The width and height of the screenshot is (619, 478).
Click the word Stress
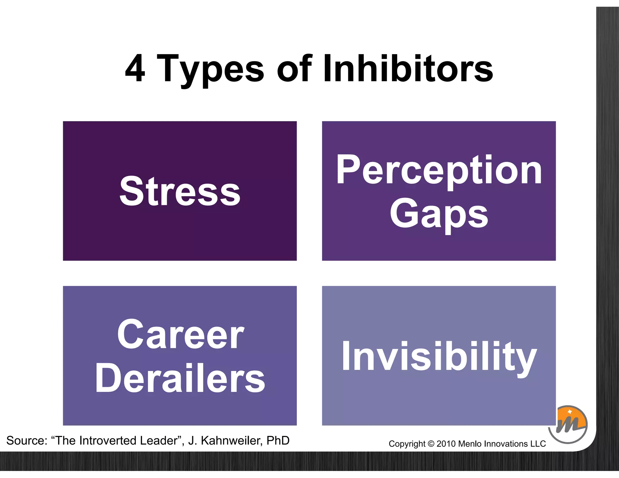coord(180,191)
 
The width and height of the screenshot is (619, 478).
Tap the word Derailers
coord(180,378)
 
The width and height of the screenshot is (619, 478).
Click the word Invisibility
coord(439,356)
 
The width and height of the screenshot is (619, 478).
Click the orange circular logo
coord(568,424)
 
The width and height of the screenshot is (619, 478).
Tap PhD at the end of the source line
coord(278,441)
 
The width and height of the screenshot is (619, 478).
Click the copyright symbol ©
coord(431,444)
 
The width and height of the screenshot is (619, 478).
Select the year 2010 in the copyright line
coord(446,444)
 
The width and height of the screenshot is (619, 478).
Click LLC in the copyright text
coord(538,444)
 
